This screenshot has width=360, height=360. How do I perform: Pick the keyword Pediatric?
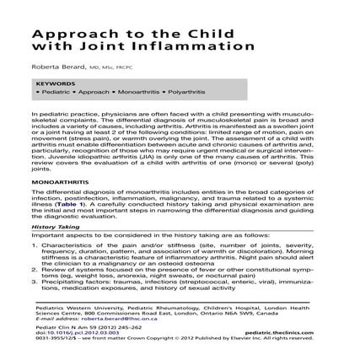click(51, 92)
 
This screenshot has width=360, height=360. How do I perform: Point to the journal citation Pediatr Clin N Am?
click(52, 327)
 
